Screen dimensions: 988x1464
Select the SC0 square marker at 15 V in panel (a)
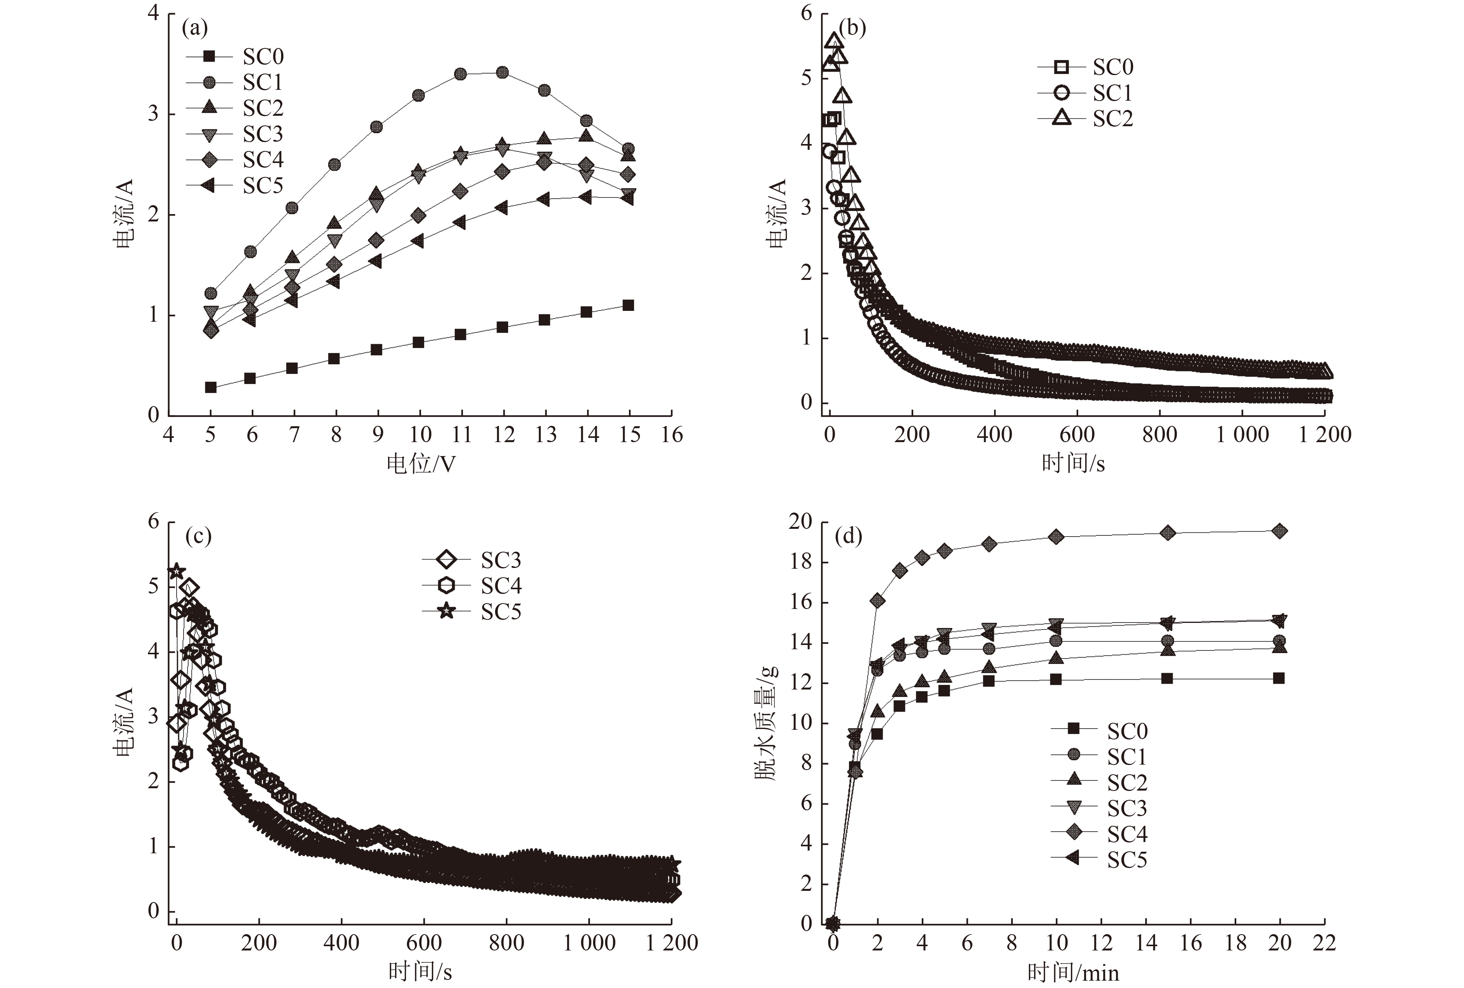coord(628,305)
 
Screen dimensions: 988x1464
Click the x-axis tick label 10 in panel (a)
coord(420,434)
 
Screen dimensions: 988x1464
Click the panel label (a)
coord(194,28)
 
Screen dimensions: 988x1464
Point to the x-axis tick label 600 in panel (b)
coord(1077,434)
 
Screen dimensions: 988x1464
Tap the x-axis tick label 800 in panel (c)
coord(507,943)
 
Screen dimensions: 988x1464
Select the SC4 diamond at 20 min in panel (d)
coord(1279,531)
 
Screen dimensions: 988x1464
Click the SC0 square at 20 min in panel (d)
coord(1279,678)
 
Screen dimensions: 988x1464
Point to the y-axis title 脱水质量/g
coord(766,722)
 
